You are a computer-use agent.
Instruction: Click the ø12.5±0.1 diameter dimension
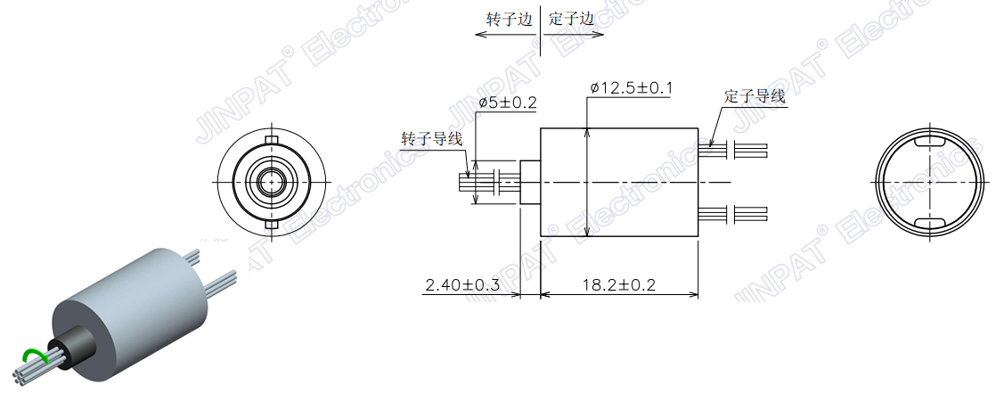click(631, 88)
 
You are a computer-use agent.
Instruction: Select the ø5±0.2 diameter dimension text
click(507, 103)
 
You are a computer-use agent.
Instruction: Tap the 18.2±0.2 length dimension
click(619, 284)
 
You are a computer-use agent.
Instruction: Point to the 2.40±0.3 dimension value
click(461, 284)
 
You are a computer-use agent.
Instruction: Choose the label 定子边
click(571, 19)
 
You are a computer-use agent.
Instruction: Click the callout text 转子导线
click(432, 139)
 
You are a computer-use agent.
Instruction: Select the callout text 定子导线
click(755, 96)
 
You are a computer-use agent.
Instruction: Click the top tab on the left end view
click(272, 141)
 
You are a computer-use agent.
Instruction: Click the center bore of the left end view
click(272, 183)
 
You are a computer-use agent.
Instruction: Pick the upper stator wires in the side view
click(736, 150)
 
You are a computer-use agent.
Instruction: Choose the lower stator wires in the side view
click(736, 213)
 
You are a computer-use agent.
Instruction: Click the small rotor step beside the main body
click(529, 183)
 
